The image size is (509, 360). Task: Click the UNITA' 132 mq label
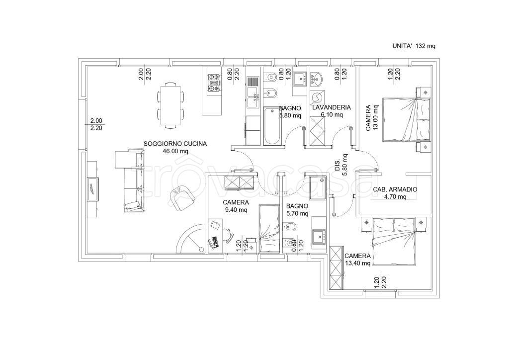(414, 46)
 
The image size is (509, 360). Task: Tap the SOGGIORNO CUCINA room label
(175, 144)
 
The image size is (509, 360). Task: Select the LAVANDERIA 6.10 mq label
(331, 111)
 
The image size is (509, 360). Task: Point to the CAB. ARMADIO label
(395, 189)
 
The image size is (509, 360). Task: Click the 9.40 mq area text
(236, 210)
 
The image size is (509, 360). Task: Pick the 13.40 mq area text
(357, 263)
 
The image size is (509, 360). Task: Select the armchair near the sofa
(182, 198)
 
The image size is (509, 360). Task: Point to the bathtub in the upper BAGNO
(272, 125)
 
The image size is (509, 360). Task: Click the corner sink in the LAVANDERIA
(316, 80)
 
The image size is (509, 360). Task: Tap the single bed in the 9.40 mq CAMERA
(269, 229)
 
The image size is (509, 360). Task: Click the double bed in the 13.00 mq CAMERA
(407, 119)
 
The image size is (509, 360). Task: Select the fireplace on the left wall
(93, 189)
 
